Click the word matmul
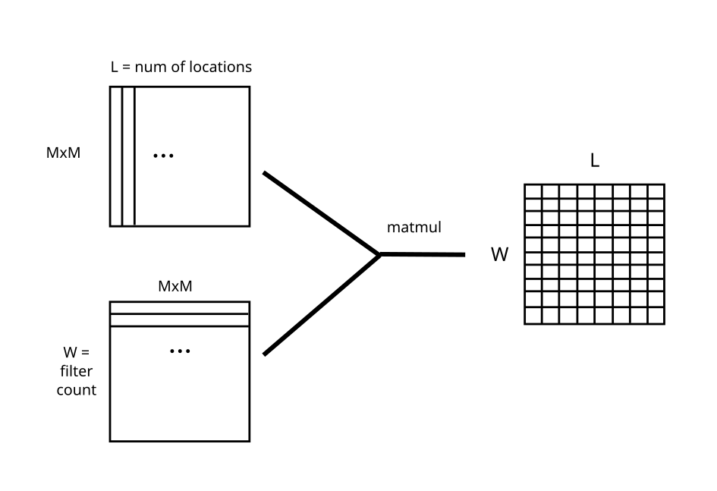(414, 227)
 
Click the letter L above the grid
(595, 161)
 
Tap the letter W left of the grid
(499, 255)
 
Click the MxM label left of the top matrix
(63, 153)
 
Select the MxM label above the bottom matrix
(175, 287)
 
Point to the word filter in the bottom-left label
(76, 372)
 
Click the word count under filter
(76, 390)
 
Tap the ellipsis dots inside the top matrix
(163, 156)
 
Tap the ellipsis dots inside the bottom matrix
(180, 351)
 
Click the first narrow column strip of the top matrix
(115, 156)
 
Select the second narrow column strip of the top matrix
(127, 156)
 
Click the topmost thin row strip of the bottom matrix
(179, 307)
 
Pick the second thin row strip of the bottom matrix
(179, 319)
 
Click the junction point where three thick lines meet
(379, 254)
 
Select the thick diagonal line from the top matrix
(320, 213)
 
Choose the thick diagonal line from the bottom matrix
(320, 305)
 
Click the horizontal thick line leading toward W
(422, 254)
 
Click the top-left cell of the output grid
(533, 190)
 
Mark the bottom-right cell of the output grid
(656, 316)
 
